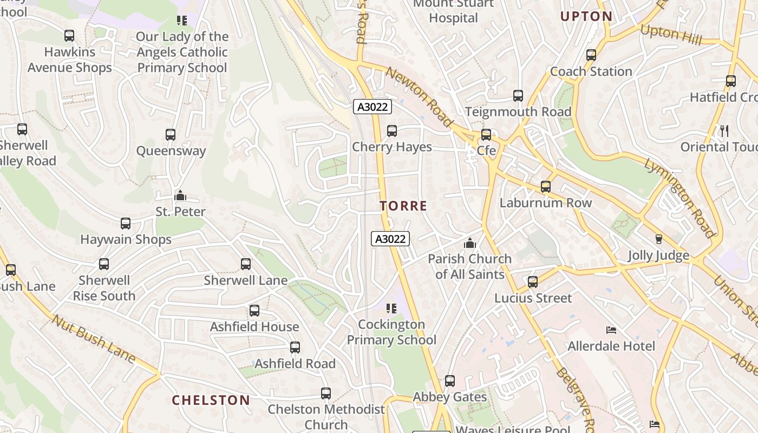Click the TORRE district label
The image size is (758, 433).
[403, 206]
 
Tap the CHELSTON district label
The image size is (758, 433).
[211, 401]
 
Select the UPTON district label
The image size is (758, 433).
[586, 17]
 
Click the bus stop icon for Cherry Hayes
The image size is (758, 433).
[392, 131]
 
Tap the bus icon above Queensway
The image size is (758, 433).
[171, 135]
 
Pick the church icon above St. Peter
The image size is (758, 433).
[180, 195]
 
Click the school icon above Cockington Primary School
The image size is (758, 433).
[392, 309]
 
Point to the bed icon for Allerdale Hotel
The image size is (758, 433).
[611, 330]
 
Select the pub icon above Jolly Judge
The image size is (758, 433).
[659, 239]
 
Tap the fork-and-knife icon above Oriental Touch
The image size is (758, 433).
[724, 130]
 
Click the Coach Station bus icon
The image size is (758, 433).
[591, 55]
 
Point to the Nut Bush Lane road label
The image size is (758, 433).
[93, 338]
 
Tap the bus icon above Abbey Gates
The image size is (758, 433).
[450, 381]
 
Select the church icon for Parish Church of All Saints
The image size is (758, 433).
[470, 243]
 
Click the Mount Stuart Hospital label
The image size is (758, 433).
[453, 11]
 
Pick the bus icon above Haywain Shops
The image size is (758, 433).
[126, 224]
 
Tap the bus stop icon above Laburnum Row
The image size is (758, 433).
[546, 187]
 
